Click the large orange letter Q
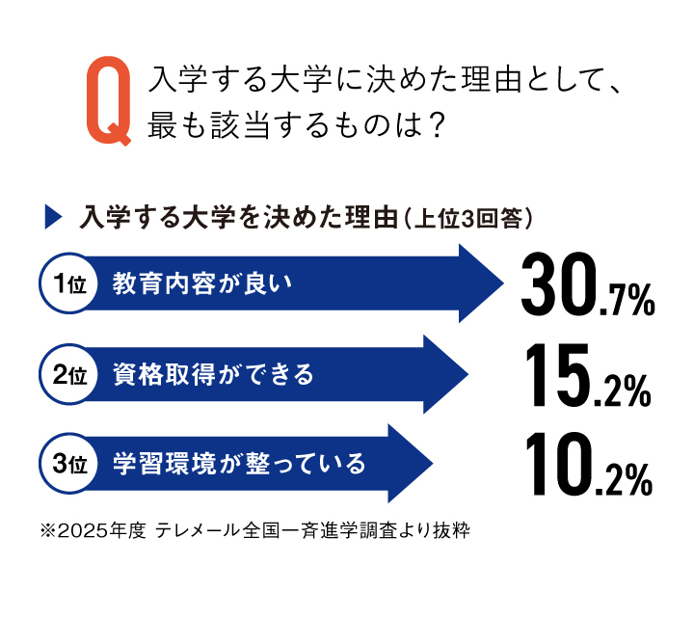point(109,101)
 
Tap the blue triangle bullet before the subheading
point(53,217)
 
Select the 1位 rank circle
point(69,283)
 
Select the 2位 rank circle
point(69,375)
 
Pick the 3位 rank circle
point(69,464)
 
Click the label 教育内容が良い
point(202,283)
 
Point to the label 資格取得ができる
point(213,375)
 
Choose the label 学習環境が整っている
point(239,464)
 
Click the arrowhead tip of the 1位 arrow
point(504,283)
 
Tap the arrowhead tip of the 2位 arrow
point(468,375)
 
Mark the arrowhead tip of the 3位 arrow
point(433,464)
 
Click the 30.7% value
point(588,284)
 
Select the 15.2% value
point(588,375)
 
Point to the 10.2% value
point(589,465)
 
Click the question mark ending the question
point(436,125)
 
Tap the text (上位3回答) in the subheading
point(468,218)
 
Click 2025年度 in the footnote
point(102,530)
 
